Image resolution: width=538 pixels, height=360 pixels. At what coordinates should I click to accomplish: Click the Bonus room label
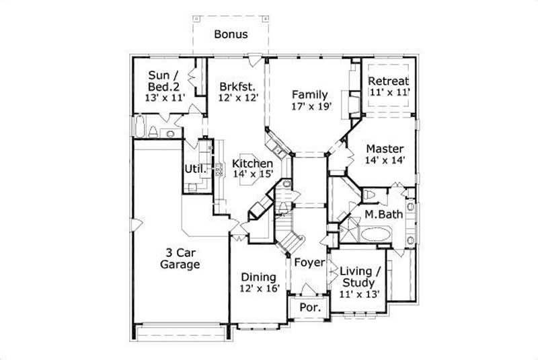[x=231, y=34]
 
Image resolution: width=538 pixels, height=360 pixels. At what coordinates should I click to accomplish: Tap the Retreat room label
[x=389, y=82]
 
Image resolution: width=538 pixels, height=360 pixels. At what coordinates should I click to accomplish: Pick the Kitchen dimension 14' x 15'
[x=253, y=174]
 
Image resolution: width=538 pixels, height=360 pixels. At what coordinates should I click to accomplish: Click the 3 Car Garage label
[x=180, y=259]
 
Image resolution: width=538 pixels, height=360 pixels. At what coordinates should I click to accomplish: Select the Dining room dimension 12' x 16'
[x=258, y=289]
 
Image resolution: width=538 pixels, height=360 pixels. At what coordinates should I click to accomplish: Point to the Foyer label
[x=309, y=262]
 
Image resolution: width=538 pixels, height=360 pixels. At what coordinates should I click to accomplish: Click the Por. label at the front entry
[x=309, y=309]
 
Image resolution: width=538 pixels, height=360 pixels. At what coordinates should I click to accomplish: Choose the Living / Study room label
[x=360, y=275]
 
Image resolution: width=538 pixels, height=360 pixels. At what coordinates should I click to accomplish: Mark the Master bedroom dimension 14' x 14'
[x=385, y=160]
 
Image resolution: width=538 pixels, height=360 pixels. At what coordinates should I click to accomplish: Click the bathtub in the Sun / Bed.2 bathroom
[x=140, y=127]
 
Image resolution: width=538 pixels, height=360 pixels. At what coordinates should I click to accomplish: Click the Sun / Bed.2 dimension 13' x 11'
[x=165, y=98]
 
